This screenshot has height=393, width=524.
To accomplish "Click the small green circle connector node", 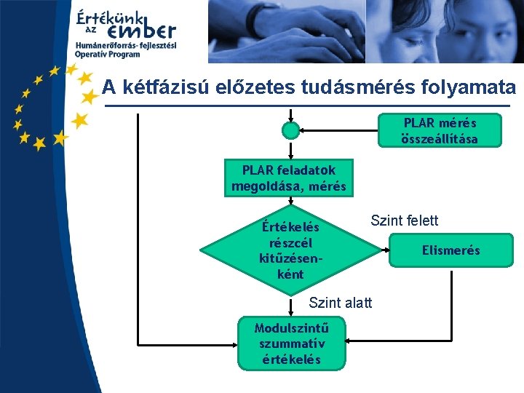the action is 290,130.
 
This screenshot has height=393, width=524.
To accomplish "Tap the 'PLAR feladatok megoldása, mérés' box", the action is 289,178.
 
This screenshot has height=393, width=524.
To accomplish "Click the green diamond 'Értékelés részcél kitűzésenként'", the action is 290,250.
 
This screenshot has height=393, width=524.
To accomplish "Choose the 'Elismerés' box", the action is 451,250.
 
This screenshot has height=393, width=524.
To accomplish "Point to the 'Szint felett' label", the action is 405,221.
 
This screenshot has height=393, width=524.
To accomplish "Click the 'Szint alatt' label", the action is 340,302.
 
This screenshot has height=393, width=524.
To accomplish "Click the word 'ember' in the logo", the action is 141,31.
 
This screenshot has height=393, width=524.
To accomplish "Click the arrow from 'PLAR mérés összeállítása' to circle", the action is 339,130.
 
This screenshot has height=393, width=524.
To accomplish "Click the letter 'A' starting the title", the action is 109,88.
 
